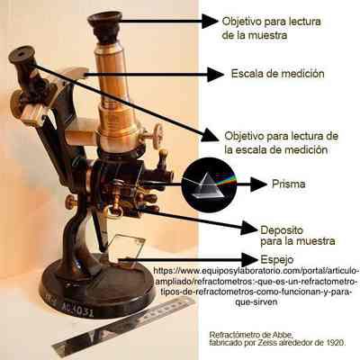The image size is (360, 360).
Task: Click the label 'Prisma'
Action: click(289, 184)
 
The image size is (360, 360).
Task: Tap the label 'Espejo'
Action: click(277, 259)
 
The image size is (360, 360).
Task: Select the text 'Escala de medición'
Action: click(278, 74)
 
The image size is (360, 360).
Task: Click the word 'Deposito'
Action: click(282, 230)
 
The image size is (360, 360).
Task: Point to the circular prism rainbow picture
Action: click(209, 184)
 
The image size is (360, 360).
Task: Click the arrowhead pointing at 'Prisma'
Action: click(258, 184)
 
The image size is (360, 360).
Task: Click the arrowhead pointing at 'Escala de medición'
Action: click(215, 75)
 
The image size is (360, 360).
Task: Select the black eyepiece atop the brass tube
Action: click(105, 27)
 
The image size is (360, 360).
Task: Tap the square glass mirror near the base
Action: click(126, 249)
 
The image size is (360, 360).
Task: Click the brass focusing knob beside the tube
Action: click(157, 137)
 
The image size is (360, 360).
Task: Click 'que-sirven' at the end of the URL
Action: click(256, 301)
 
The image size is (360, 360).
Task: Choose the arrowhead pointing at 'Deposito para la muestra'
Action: click(249, 229)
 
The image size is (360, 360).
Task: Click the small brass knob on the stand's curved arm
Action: click(71, 202)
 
